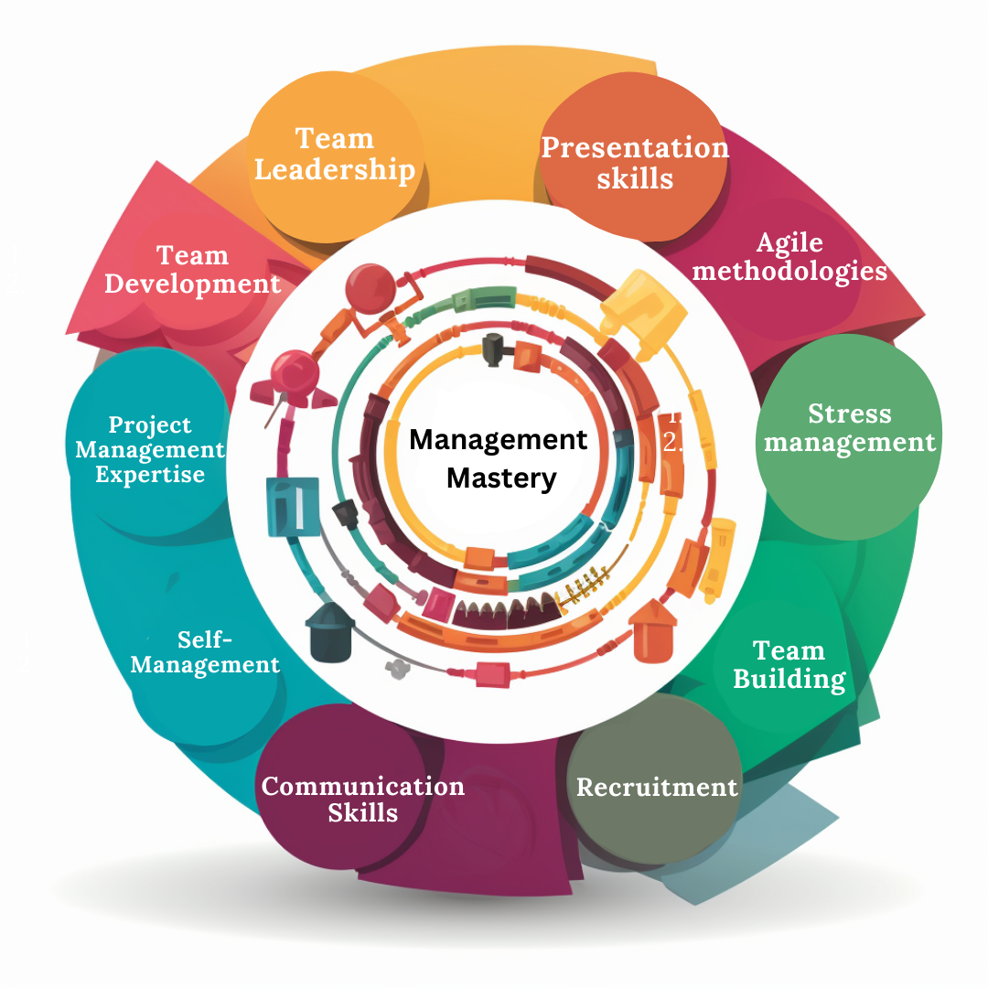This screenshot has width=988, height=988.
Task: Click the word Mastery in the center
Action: [501, 478]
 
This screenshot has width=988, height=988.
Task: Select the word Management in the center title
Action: [498, 440]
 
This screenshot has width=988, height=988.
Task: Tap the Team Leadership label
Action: [335, 154]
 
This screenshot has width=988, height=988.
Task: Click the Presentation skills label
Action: [635, 162]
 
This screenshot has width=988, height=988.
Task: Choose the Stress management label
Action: [850, 428]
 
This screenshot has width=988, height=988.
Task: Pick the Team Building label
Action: [789, 665]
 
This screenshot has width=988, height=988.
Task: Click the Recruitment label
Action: [657, 787]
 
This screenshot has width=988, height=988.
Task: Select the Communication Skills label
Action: [363, 800]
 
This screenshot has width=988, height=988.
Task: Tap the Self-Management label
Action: [205, 651]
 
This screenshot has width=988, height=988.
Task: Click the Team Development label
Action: [192, 269]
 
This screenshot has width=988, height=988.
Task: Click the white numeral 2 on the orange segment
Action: [672, 442]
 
